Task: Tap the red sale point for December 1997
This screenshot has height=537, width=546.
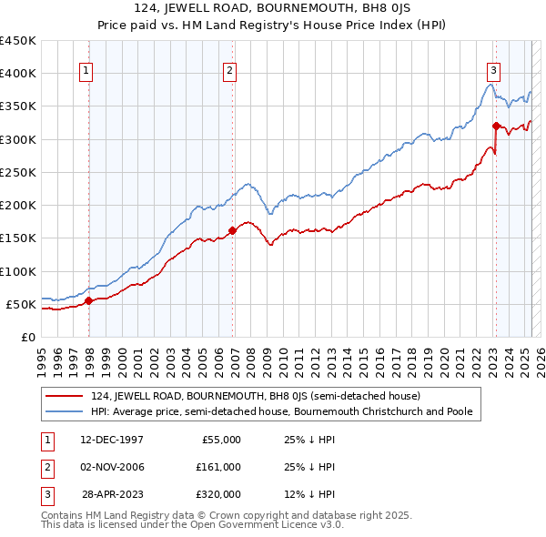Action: click(x=88, y=300)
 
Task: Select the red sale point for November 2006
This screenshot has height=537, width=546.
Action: click(x=232, y=230)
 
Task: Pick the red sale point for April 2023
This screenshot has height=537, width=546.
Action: click(x=496, y=126)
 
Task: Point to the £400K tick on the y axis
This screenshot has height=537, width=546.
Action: click(x=18, y=74)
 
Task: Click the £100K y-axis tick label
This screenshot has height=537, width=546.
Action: click(x=18, y=271)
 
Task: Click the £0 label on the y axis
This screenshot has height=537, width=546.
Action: click(x=28, y=338)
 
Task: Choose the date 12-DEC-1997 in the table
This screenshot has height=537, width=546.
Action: click(x=113, y=440)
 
